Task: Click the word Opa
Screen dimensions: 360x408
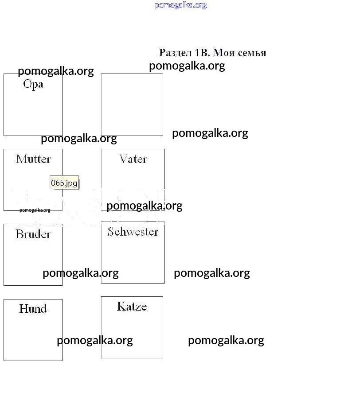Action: [x=33, y=85]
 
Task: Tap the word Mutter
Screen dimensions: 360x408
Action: [x=33, y=159]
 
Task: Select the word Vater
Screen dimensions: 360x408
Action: [x=133, y=159]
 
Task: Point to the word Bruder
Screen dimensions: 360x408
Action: [x=33, y=234]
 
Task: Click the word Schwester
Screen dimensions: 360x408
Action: [x=133, y=232]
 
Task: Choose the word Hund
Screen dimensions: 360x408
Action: [x=33, y=309]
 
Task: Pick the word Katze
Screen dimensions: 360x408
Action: [x=132, y=306]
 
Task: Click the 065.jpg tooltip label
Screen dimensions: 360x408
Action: [x=64, y=183]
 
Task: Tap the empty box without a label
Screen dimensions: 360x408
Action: [x=132, y=105]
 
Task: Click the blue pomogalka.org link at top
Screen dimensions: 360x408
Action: [x=180, y=5]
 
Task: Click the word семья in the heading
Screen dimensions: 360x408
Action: [x=252, y=53]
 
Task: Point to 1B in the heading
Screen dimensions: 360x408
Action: [x=202, y=53]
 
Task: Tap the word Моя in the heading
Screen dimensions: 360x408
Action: [x=224, y=53]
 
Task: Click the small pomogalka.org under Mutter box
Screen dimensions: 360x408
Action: [x=35, y=210]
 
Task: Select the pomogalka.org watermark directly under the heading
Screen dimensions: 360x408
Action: [x=187, y=66]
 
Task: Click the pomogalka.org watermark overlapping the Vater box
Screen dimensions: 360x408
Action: [x=145, y=206]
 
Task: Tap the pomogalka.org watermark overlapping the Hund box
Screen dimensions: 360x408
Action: [x=95, y=341]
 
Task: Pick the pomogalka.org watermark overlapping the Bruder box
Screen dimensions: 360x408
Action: [x=81, y=273]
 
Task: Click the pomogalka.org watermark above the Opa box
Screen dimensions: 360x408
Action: [x=56, y=71]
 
